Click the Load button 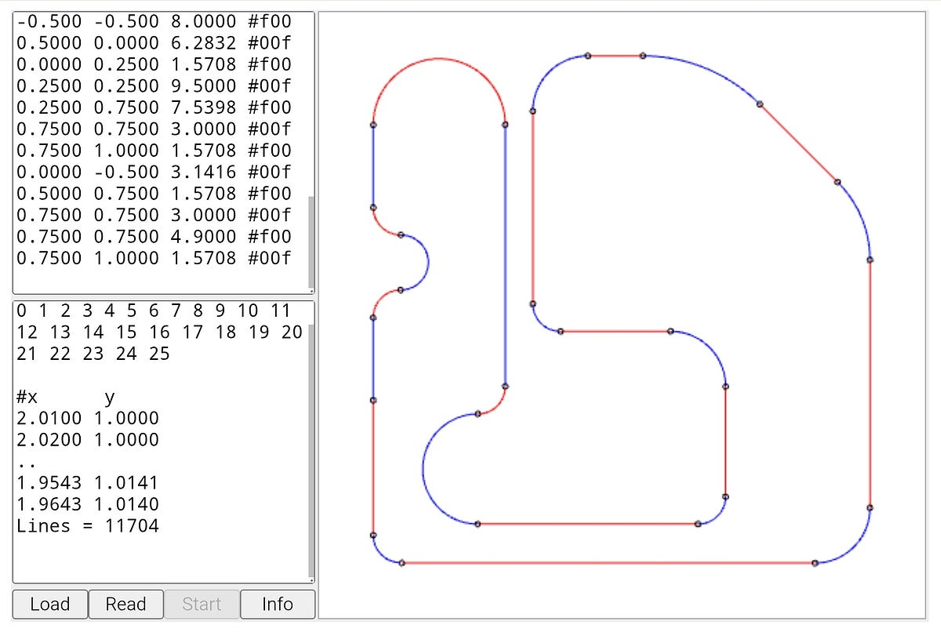pyautogui.click(x=50, y=604)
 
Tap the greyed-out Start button pyautogui.click(x=202, y=604)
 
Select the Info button pyautogui.click(x=278, y=604)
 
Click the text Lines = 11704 pyautogui.click(x=87, y=525)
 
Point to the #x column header pyautogui.click(x=27, y=397)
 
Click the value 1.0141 pyautogui.click(x=126, y=482)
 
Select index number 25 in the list pyautogui.click(x=159, y=354)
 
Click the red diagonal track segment pyautogui.click(x=798, y=143)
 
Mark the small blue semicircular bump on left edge pyautogui.click(x=426, y=262)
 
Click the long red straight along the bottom pyautogui.click(x=608, y=562)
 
